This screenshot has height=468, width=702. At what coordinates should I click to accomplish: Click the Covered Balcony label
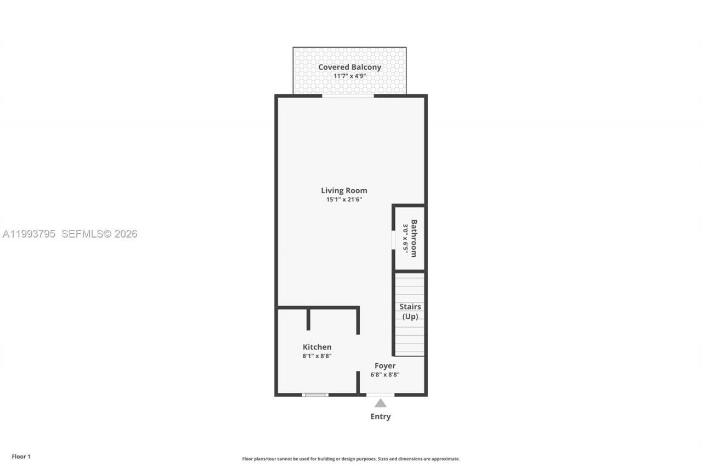349,67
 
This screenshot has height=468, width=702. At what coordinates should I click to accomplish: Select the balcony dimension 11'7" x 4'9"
349,76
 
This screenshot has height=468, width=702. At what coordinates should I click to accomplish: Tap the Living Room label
344,190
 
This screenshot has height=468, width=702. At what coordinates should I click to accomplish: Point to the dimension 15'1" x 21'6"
344,199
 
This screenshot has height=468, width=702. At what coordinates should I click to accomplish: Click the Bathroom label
414,238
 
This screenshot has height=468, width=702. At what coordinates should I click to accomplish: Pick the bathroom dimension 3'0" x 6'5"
406,238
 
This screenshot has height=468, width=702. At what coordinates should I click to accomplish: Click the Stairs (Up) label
410,312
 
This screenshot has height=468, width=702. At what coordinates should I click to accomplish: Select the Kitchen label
317,347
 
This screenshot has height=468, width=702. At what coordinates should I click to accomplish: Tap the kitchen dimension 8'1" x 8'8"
317,356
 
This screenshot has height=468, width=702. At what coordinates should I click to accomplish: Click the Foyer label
385,365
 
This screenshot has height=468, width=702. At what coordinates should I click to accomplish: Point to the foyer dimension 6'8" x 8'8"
385,375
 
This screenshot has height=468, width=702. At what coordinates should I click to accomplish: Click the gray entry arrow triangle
380,403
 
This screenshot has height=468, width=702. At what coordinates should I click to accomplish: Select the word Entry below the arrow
380,416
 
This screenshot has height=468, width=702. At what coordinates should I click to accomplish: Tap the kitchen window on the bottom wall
315,394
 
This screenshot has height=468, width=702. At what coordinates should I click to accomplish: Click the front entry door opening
380,394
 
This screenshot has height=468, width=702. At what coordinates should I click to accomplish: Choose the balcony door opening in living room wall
348,96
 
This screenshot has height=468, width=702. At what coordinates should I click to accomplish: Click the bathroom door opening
393,240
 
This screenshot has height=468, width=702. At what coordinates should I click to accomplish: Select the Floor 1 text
21,456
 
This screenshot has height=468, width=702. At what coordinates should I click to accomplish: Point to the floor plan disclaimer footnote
351,459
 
